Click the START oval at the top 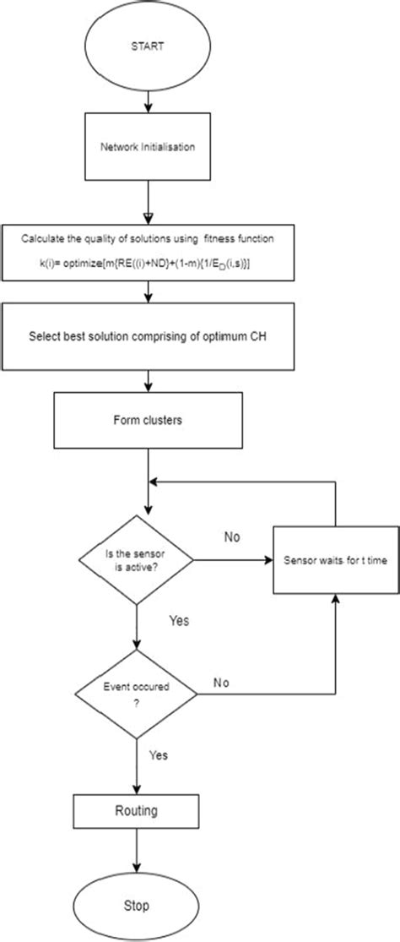click(x=149, y=48)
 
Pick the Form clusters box click(x=149, y=420)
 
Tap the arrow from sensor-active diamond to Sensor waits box click(x=232, y=560)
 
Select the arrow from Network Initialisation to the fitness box click(x=149, y=203)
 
